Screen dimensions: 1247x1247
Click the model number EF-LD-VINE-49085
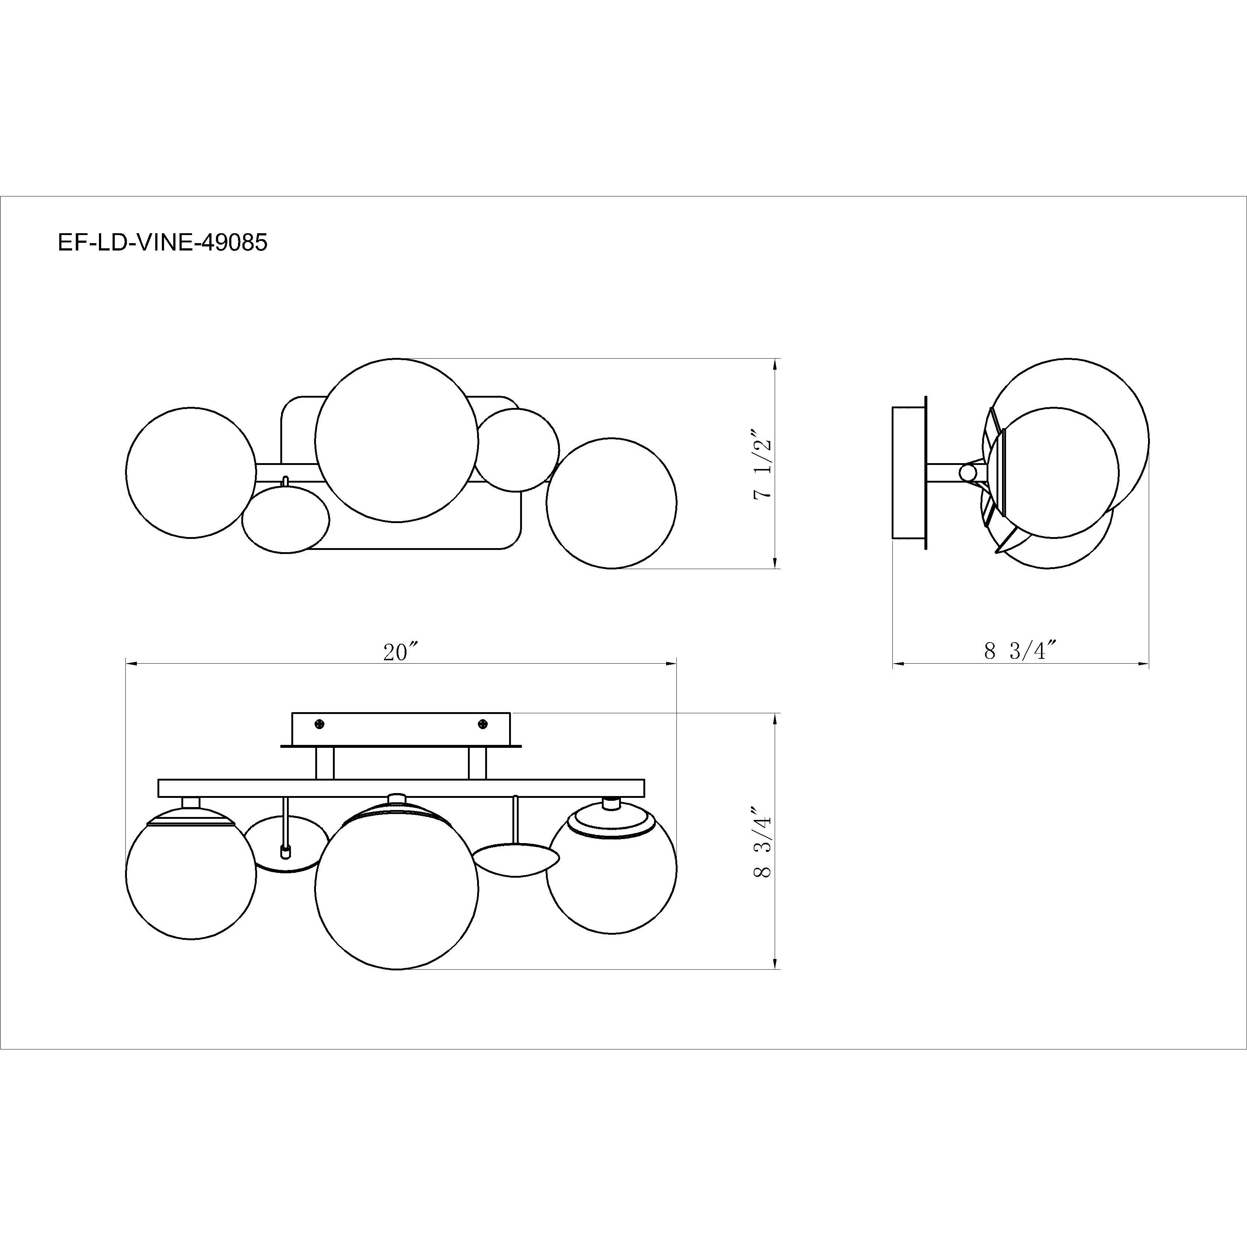coord(162,243)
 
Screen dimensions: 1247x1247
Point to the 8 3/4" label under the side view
coord(1020,651)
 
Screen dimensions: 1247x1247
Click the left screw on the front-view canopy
coord(318,724)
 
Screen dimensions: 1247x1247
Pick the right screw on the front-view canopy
coord(482,724)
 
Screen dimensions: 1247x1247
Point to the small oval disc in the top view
coord(285,519)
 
